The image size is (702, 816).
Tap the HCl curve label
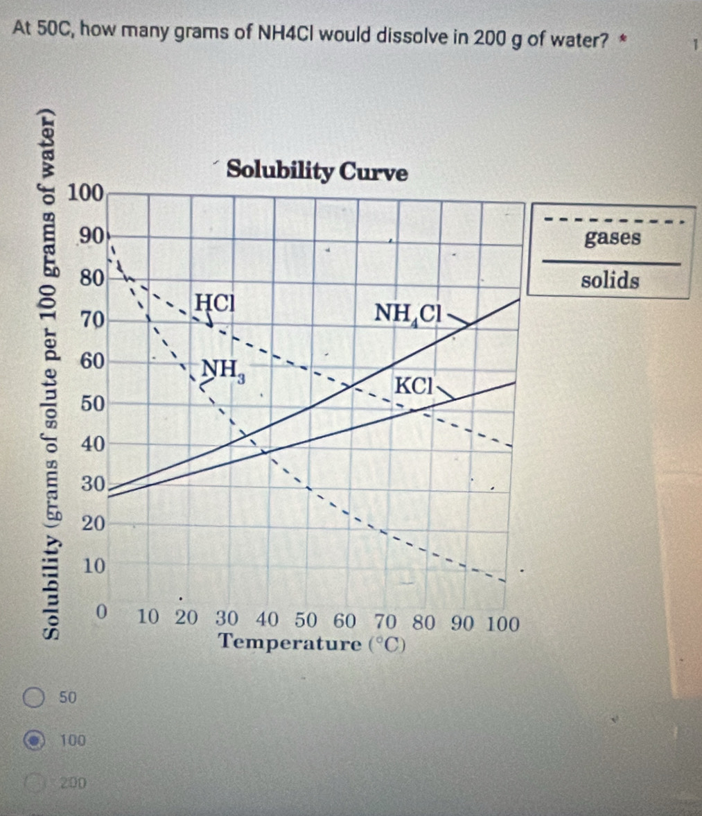click(x=215, y=302)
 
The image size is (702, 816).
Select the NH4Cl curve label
click(x=409, y=313)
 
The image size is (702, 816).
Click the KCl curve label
click(x=414, y=385)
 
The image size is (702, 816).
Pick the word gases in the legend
click(x=613, y=238)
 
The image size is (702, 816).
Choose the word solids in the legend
click(x=610, y=281)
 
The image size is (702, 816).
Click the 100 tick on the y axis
click(x=85, y=191)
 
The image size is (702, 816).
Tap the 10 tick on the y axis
click(x=94, y=566)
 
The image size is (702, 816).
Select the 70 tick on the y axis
click(x=92, y=320)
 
